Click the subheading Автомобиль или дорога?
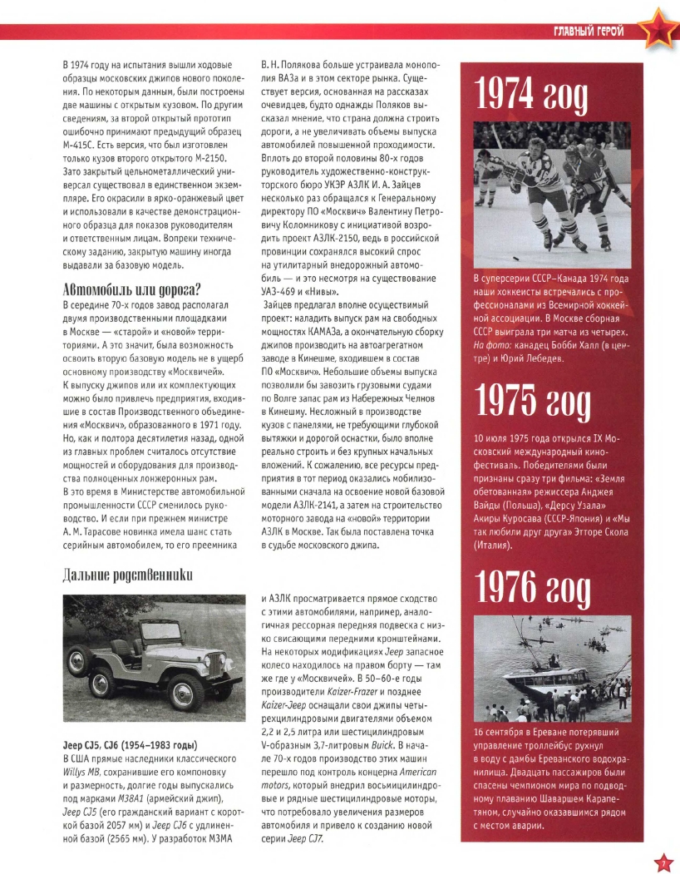coord(136,290)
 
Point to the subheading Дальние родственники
coord(129,574)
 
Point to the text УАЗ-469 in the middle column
coord(274,291)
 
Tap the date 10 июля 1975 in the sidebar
coord(509,437)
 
